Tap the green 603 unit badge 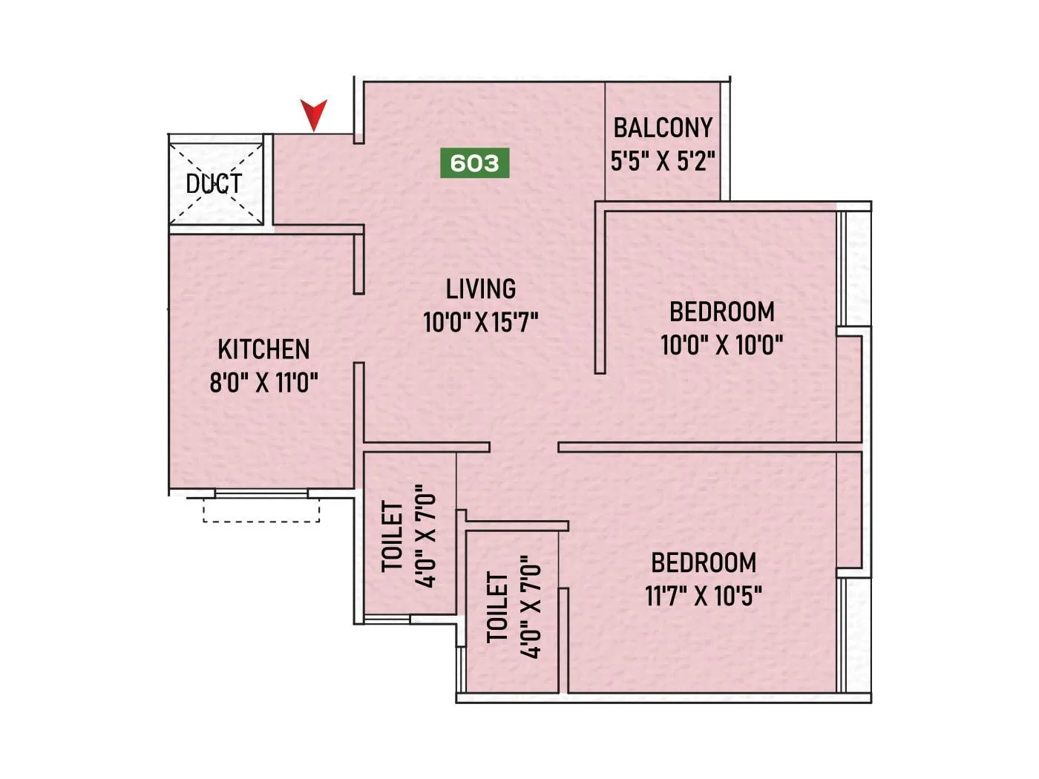point(475,163)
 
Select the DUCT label point(214,183)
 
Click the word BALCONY point(663,128)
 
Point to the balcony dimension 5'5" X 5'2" point(663,161)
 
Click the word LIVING point(481,289)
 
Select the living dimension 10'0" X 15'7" point(481,323)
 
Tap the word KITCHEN point(263,349)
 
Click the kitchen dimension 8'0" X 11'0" point(263,384)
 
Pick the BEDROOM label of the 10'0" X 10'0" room point(722,312)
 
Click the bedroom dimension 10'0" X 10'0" point(722,345)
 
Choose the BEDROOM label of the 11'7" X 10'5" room point(704,563)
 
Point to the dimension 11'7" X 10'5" point(704,596)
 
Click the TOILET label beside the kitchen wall point(393,536)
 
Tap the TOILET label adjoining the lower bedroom point(498,607)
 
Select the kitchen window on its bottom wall point(261,493)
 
